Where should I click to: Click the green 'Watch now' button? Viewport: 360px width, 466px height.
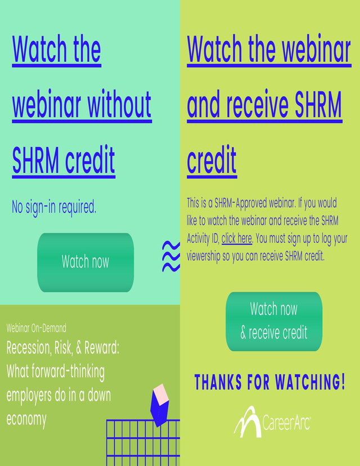coord(85,263)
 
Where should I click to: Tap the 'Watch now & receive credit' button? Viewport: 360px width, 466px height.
coord(274,322)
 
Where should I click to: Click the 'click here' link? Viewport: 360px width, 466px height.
coord(237,238)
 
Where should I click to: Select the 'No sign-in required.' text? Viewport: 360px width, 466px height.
coord(54,207)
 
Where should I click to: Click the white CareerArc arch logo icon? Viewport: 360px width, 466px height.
coord(247,422)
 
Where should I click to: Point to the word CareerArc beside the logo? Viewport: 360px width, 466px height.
coord(286,422)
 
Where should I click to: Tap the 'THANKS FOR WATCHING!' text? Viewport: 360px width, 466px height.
coord(270,382)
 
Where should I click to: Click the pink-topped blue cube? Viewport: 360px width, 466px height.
coord(160,405)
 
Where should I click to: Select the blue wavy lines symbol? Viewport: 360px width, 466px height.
coord(171,256)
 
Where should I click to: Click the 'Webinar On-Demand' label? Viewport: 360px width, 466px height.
coord(36,328)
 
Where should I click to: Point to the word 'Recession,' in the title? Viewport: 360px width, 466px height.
coord(29,348)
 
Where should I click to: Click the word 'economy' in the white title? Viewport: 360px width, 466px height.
coord(26,419)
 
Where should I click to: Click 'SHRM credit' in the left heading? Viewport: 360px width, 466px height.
coord(64,160)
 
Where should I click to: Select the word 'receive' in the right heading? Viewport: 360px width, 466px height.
coord(258,104)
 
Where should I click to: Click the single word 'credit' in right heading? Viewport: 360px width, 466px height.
coord(211,160)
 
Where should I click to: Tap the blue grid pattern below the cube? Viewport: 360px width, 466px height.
coord(143,442)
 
